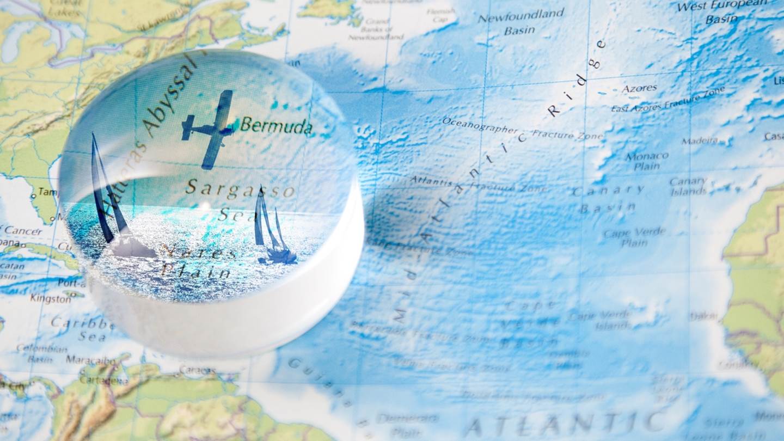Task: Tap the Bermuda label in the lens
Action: tap(277, 126)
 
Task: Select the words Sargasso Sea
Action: tap(240, 199)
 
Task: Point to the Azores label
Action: tap(639, 88)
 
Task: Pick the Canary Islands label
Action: tap(688, 186)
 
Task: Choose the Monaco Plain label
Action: tap(646, 161)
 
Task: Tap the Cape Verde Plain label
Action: tap(634, 237)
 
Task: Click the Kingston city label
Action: tap(50, 298)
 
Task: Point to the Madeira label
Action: tap(700, 140)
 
